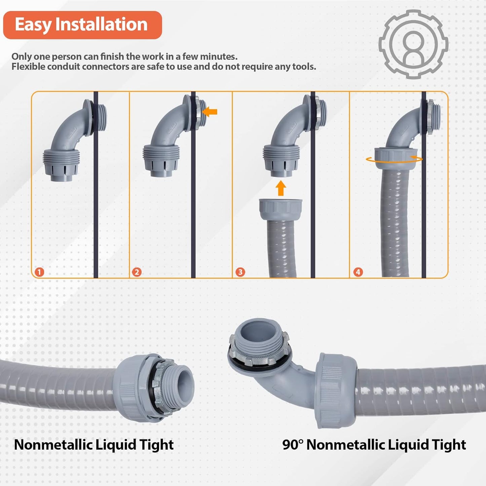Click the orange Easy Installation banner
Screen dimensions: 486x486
(82, 25)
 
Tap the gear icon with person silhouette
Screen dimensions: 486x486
(413, 44)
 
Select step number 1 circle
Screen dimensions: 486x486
(39, 272)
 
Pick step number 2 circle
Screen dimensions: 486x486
(137, 272)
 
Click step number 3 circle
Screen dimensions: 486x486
(240, 272)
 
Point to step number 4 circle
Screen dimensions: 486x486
(358, 272)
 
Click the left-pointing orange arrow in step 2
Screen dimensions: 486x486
(210, 112)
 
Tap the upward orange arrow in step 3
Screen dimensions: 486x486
(281, 188)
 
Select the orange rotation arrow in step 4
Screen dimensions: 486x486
(394, 159)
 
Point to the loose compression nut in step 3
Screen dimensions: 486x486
(281, 209)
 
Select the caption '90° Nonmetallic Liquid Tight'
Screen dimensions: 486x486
(374, 445)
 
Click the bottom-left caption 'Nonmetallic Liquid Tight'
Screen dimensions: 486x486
(94, 445)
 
